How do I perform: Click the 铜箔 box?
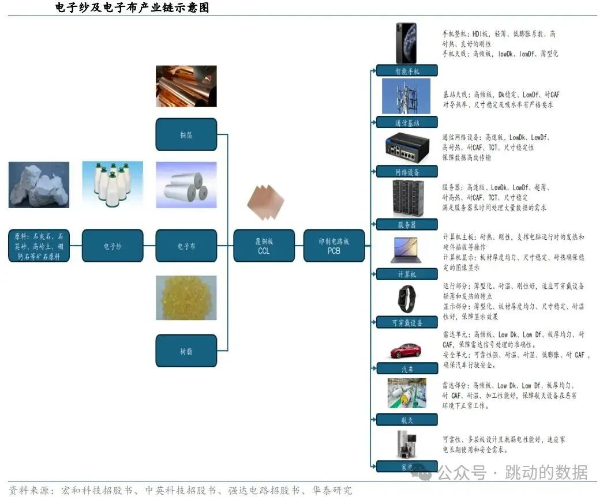(x=186, y=134)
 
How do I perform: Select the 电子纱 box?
(x=113, y=246)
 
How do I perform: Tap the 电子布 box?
(x=186, y=246)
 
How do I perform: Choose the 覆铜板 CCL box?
(x=264, y=246)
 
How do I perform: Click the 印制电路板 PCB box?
(x=334, y=246)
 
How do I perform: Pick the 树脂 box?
(x=186, y=351)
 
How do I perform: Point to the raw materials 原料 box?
(x=39, y=246)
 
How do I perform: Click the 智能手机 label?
(x=407, y=71)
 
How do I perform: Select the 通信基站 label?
(x=407, y=122)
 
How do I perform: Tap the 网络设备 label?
(x=407, y=172)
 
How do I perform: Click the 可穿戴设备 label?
(x=407, y=323)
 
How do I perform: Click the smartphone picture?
(x=406, y=43)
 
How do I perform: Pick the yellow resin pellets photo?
(x=186, y=298)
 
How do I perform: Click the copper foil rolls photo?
(x=186, y=86)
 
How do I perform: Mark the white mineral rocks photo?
(x=39, y=185)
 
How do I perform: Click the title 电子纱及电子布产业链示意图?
(x=132, y=7)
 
